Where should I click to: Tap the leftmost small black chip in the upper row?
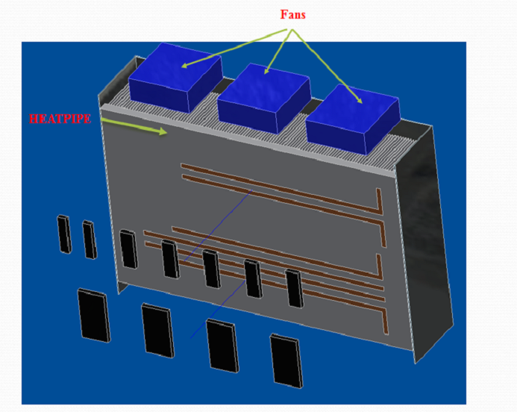(64, 233)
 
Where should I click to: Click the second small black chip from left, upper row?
(89, 239)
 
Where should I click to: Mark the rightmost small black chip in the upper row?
(294, 287)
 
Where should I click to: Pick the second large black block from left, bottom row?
(157, 329)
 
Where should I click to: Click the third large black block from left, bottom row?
(222, 344)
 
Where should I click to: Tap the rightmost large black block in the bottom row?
(287, 360)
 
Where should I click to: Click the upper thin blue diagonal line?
(216, 225)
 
